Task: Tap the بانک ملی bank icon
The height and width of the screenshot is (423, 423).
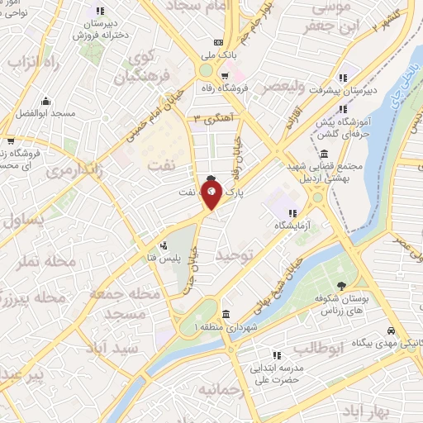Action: (218, 42)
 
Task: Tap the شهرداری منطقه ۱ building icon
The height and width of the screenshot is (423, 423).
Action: (226, 314)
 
